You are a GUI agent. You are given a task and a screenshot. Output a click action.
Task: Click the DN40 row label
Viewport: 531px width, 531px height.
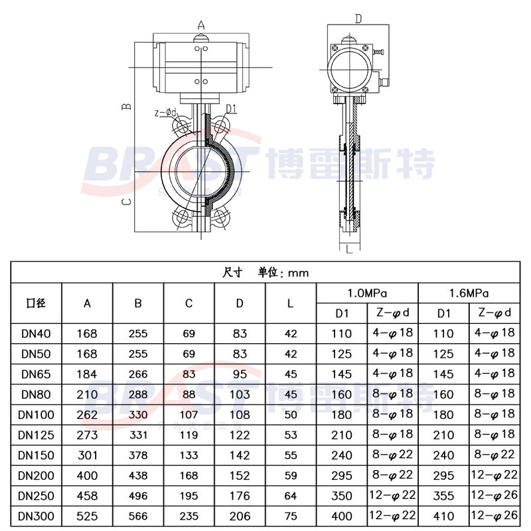[37, 333]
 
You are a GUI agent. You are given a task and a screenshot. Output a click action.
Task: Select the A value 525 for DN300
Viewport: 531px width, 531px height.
[87, 516]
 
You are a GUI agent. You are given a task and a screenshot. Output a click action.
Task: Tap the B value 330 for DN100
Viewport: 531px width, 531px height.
[138, 415]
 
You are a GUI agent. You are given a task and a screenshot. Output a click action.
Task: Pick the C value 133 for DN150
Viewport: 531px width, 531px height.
[189, 455]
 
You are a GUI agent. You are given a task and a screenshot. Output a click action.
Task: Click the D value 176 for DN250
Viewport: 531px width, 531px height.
[240, 496]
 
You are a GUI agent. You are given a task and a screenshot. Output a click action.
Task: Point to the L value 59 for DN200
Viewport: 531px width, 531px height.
[291, 475]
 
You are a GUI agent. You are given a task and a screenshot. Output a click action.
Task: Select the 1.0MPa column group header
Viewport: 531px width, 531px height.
[367, 293]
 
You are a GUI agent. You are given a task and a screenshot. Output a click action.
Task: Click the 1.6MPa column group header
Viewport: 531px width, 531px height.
[469, 293]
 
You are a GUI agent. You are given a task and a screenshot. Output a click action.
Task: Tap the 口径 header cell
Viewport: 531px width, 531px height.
[37, 303]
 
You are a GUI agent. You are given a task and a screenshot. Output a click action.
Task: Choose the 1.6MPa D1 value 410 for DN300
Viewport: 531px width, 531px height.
[443, 516]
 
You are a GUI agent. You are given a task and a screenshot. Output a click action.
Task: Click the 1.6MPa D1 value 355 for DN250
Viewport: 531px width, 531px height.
[443, 496]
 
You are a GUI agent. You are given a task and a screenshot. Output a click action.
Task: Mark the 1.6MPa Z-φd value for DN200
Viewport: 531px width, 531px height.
[493, 475]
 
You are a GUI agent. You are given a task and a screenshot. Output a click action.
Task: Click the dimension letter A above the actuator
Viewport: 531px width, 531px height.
[201, 26]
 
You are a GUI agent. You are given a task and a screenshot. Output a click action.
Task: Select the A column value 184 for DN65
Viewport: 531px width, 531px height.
[87, 374]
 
